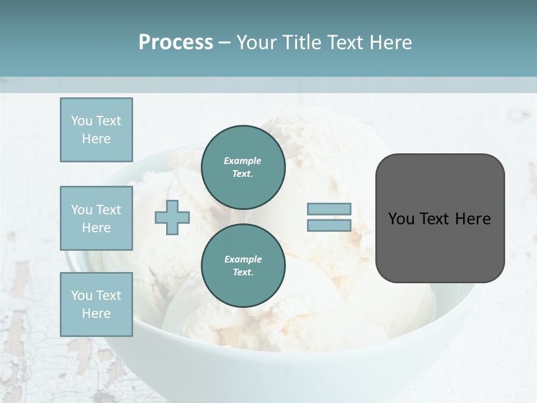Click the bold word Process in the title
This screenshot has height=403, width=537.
(x=176, y=43)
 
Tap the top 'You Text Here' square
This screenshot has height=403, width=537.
(x=96, y=130)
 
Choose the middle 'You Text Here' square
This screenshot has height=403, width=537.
(x=96, y=218)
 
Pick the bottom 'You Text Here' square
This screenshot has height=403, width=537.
(x=96, y=304)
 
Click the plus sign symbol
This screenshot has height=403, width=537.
(x=172, y=217)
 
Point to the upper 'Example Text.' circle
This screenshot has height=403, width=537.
(x=243, y=167)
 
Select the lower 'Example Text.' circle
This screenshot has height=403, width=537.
(x=243, y=265)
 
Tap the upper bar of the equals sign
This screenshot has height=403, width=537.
(x=329, y=209)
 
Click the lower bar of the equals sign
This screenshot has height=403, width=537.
(x=329, y=226)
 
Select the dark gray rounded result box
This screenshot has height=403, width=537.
(x=440, y=218)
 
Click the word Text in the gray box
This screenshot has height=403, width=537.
(x=438, y=219)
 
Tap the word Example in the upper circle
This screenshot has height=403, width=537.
(x=243, y=161)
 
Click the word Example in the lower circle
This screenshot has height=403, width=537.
(x=243, y=259)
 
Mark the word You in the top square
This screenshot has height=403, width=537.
(x=82, y=121)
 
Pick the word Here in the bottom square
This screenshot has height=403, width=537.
(x=96, y=313)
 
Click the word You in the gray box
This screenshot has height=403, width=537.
(x=401, y=219)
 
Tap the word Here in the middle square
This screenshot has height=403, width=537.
(x=96, y=228)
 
